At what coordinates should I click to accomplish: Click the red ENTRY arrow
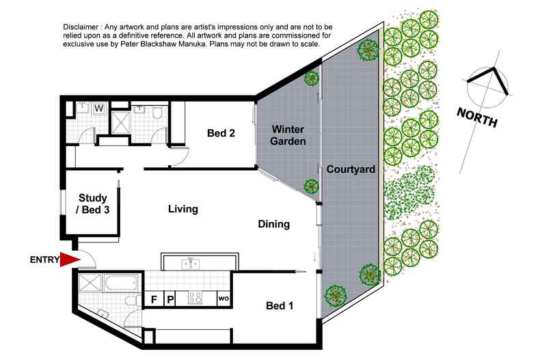pyautogui.click(x=70, y=260)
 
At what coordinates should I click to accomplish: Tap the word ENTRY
pyautogui.click(x=44, y=260)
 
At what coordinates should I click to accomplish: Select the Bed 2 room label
pyautogui.click(x=221, y=133)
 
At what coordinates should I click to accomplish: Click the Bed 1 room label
pyautogui.click(x=280, y=305)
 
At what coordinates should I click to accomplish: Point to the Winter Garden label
pyautogui.click(x=288, y=135)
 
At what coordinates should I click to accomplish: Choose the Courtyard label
pyautogui.click(x=351, y=169)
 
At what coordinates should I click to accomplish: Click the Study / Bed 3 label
pyautogui.click(x=93, y=204)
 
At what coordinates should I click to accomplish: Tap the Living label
pyautogui.click(x=183, y=209)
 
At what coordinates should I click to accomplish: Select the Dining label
pyautogui.click(x=274, y=224)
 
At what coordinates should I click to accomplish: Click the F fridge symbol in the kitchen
pyautogui.click(x=154, y=299)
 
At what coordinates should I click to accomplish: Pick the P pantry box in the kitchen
pyautogui.click(x=170, y=299)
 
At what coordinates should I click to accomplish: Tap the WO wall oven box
pyautogui.click(x=224, y=299)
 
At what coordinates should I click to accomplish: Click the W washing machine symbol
pyautogui.click(x=98, y=109)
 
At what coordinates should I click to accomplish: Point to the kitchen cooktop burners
pyautogui.click(x=195, y=298)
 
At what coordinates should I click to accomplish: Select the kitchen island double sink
pyautogui.click(x=190, y=264)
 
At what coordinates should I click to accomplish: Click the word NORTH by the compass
pyautogui.click(x=477, y=117)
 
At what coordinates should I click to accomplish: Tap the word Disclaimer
pyautogui.click(x=81, y=27)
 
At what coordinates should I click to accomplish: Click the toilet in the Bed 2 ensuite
pyautogui.click(x=157, y=112)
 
